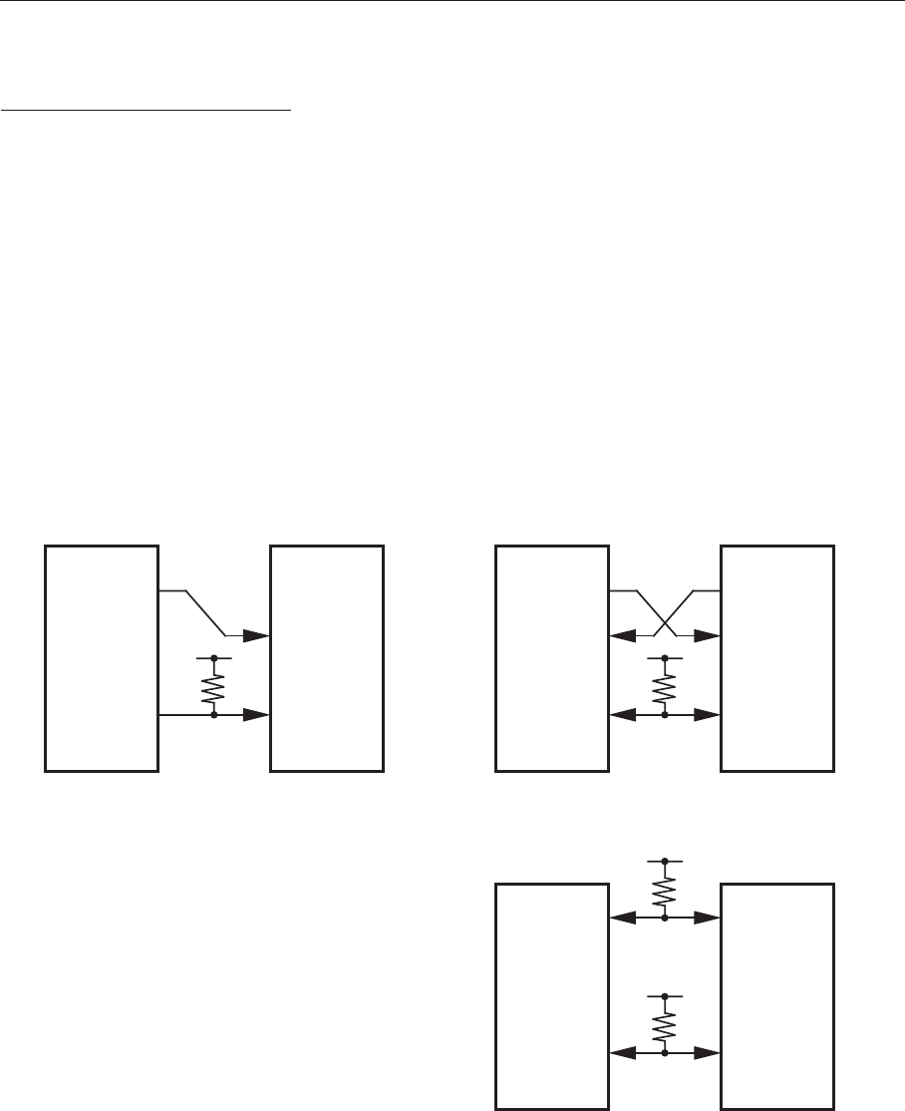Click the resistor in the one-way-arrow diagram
(214, 686)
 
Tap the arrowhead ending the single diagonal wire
(257, 634)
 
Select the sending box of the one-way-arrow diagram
(102, 658)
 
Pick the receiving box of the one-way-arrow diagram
(327, 658)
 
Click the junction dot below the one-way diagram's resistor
(214, 714)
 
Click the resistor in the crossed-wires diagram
(665, 686)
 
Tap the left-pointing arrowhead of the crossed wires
(621, 634)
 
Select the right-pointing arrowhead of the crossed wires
(709, 634)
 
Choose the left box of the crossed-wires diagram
(552, 658)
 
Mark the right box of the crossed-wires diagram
(777, 658)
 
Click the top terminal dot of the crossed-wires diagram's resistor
(665, 658)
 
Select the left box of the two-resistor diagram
(552, 995)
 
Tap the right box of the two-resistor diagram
(777, 995)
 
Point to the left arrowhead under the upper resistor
(621, 916)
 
